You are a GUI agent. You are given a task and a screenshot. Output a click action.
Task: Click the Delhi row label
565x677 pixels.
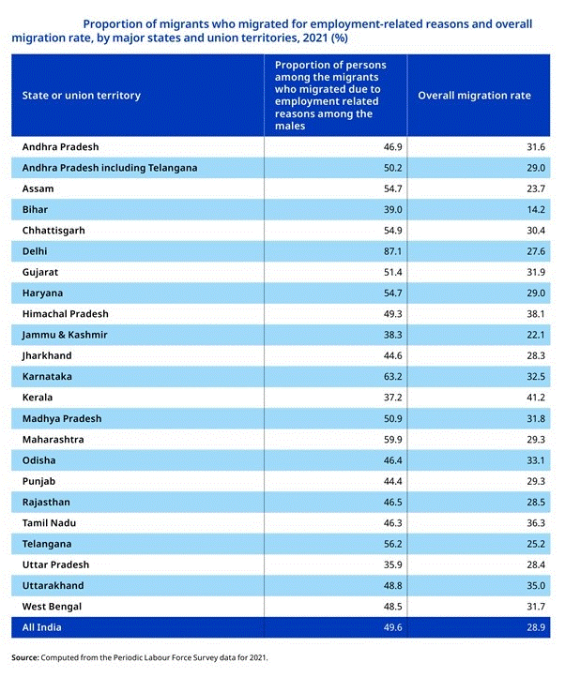(x=35, y=251)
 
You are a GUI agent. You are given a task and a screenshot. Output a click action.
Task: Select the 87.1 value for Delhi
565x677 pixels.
(x=392, y=251)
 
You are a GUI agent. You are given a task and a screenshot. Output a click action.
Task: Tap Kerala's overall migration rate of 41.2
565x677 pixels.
(x=536, y=398)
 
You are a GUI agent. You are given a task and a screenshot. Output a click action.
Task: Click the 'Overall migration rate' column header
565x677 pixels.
(x=474, y=96)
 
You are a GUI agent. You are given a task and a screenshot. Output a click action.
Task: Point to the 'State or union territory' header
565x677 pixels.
(x=82, y=96)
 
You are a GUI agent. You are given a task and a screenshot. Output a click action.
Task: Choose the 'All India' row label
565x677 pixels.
(x=41, y=627)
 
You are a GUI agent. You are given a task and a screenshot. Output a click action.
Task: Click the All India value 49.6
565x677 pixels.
(x=392, y=627)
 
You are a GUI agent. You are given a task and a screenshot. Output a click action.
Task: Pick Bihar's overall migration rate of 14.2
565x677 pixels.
(x=536, y=210)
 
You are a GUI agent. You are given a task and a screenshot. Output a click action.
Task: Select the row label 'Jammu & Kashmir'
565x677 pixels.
(x=65, y=335)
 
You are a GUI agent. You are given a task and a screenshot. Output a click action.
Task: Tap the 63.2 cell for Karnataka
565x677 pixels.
(x=392, y=377)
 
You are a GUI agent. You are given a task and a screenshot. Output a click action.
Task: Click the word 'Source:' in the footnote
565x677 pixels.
(x=25, y=657)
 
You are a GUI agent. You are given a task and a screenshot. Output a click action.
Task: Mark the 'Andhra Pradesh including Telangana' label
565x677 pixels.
(x=110, y=168)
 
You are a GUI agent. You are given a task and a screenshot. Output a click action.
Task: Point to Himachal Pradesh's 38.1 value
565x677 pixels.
(x=536, y=314)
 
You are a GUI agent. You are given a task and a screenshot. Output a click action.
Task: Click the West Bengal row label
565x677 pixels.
(x=52, y=607)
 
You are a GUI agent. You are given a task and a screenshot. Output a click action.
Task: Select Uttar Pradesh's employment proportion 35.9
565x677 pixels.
(x=392, y=564)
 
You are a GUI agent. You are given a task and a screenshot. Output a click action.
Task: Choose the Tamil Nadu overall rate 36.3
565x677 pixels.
(x=536, y=523)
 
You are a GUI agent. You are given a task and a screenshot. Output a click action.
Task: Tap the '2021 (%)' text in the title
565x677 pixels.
(x=325, y=38)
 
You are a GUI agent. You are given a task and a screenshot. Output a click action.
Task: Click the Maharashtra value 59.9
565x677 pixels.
(x=392, y=440)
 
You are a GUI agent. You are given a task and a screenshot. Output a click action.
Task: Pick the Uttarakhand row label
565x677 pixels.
(x=53, y=586)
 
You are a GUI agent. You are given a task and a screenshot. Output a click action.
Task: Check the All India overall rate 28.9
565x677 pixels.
(x=536, y=627)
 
